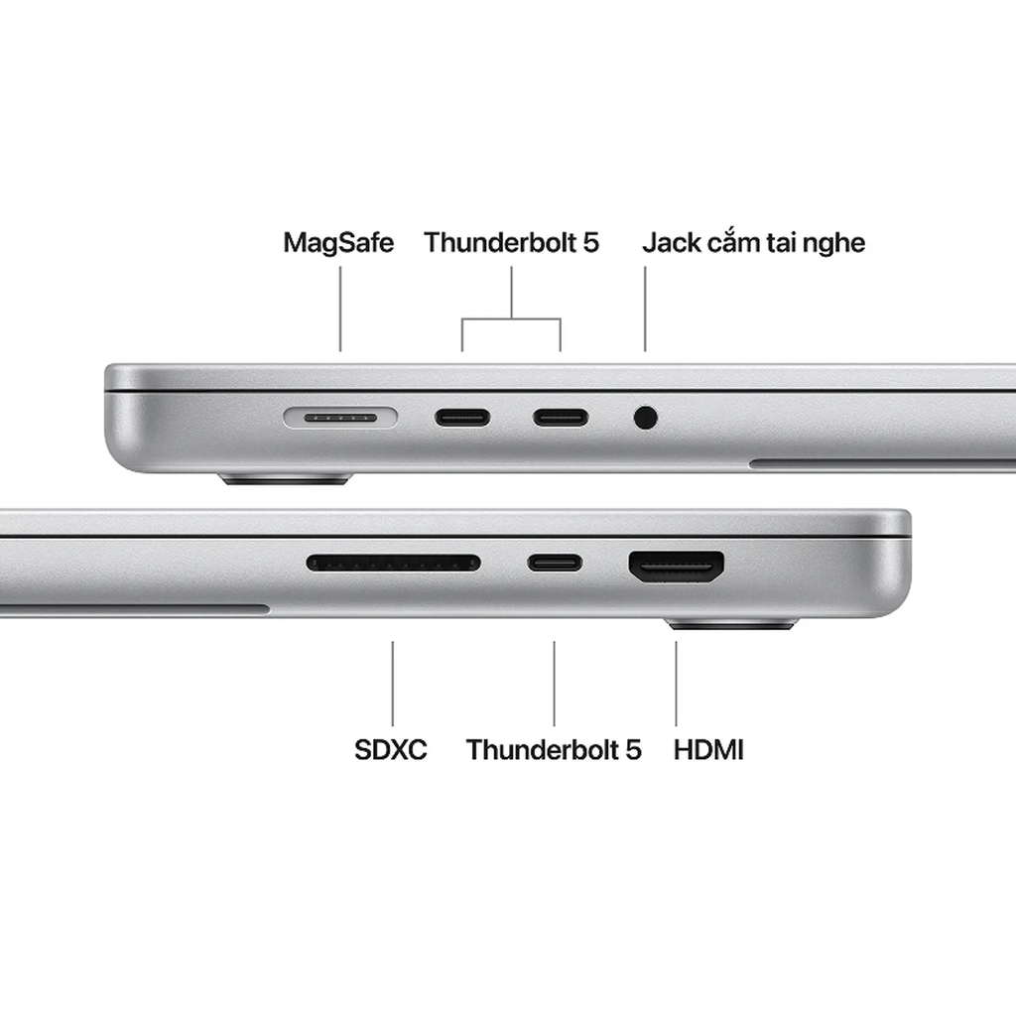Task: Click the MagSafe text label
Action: pos(338,243)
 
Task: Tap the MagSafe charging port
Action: pos(340,418)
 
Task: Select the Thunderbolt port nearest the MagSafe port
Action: pos(461,417)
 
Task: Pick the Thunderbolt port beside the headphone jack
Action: pos(561,417)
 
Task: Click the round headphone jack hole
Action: pos(645,417)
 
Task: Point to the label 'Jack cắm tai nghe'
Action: pos(753,243)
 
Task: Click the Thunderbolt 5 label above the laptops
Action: pos(511,243)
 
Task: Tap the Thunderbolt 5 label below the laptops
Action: pos(554,749)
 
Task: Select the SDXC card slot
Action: pos(393,564)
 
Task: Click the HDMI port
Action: pos(676,566)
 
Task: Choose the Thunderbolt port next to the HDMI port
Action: pos(555,564)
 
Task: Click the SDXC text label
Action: pos(391,749)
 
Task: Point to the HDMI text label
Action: pos(708,749)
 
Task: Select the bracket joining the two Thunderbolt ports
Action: pos(511,319)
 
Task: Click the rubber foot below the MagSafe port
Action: pos(286,479)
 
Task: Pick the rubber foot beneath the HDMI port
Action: pos(732,625)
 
